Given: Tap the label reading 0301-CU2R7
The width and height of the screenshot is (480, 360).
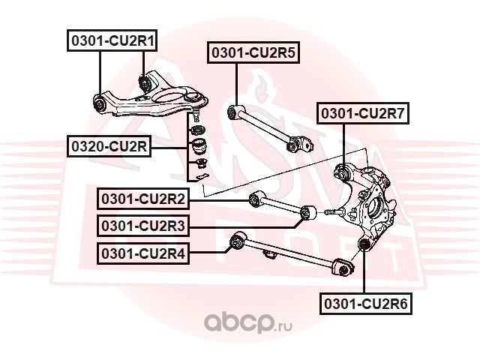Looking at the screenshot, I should (364, 115).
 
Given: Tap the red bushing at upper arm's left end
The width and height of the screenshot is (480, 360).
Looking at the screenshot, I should (102, 102).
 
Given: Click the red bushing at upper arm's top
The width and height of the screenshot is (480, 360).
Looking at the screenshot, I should (145, 80).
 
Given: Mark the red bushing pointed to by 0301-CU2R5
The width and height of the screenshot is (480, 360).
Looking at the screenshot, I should (233, 112).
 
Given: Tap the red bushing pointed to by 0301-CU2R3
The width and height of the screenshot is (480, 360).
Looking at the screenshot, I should (305, 214).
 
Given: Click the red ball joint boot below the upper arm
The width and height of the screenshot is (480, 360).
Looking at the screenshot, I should (199, 144).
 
